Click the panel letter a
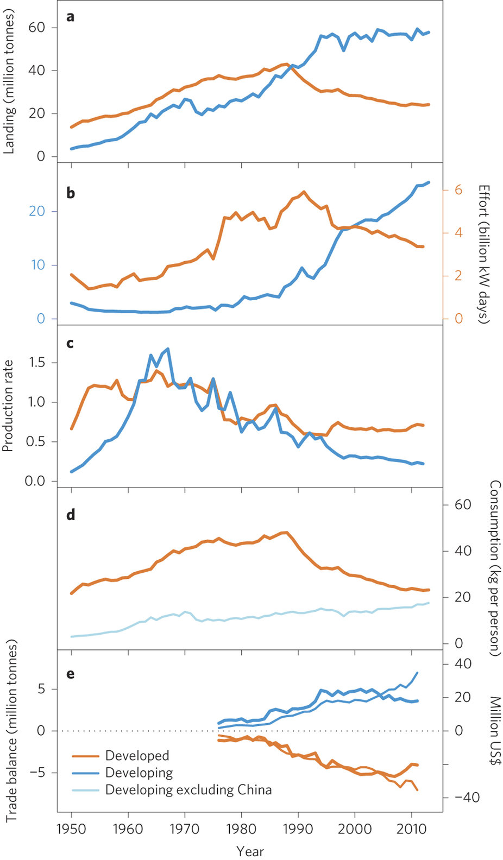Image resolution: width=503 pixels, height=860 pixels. click(x=70, y=17)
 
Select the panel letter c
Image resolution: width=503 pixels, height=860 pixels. click(x=70, y=343)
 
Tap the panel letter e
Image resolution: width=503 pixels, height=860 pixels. click(x=70, y=674)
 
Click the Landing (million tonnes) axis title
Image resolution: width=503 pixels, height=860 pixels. click(x=9, y=81)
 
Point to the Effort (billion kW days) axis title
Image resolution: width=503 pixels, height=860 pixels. click(x=484, y=254)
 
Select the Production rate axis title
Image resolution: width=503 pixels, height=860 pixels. click(x=9, y=406)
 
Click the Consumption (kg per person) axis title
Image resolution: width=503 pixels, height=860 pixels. click(x=495, y=568)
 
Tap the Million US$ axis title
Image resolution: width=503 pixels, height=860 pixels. click(x=495, y=731)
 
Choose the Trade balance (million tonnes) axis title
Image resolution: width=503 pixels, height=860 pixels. click(x=11, y=730)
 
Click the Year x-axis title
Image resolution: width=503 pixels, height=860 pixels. click(x=250, y=851)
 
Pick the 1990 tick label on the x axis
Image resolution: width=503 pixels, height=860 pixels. click(x=298, y=829)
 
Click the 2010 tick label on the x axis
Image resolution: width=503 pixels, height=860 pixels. click(x=411, y=829)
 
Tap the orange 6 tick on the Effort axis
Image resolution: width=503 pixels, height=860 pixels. click(x=458, y=190)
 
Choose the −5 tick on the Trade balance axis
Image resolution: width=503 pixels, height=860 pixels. click(x=39, y=772)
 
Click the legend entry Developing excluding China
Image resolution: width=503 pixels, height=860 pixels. click(x=188, y=789)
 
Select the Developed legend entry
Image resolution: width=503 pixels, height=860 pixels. click(x=137, y=755)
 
